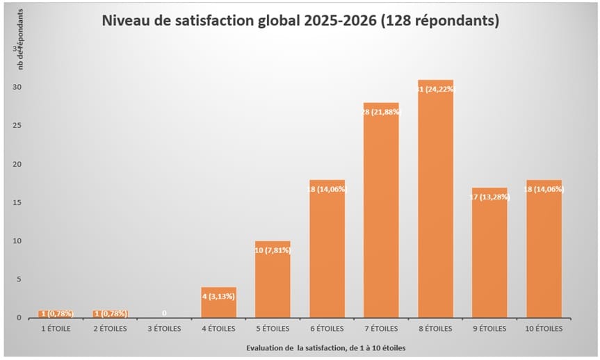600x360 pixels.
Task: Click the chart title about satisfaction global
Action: pos(300,21)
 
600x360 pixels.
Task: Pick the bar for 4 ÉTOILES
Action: pos(218,304)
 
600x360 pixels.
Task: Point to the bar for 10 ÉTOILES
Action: pos(544,250)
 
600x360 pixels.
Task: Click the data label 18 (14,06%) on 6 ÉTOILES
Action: pos(327,187)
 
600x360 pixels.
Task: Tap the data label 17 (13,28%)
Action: pos(489,196)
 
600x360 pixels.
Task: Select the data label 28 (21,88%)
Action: pos(381,112)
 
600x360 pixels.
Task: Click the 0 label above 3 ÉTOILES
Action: pos(164,313)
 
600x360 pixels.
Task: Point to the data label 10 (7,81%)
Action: pos(273,249)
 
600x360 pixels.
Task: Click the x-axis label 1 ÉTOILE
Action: pos(56,328)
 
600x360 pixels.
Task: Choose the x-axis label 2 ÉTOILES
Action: pos(110,328)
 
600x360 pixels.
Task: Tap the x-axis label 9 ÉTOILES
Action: pos(489,328)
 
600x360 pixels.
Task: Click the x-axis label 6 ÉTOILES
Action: pos(327,328)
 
